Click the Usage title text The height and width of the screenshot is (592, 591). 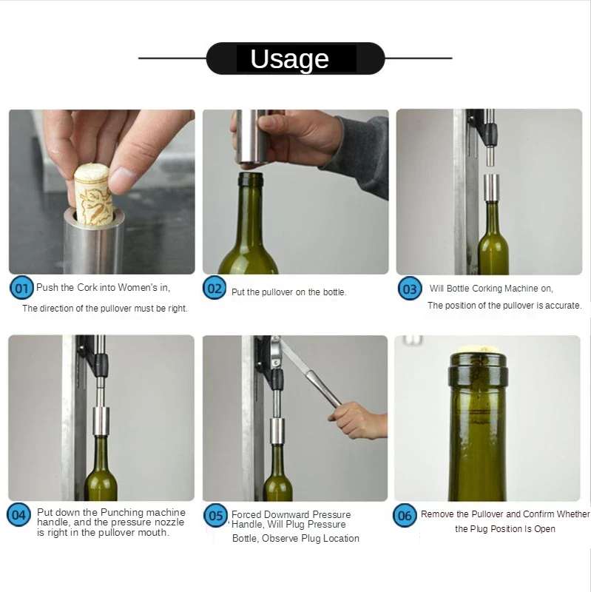pyautogui.click(x=289, y=59)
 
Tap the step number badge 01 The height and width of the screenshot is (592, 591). pyautogui.click(x=21, y=289)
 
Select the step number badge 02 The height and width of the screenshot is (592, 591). pyautogui.click(x=215, y=288)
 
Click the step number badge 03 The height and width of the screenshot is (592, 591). pyautogui.click(x=410, y=289)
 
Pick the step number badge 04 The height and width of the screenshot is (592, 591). pyautogui.click(x=19, y=514)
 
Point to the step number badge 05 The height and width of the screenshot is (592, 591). pyautogui.click(x=215, y=515)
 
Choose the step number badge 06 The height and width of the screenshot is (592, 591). pyautogui.click(x=405, y=515)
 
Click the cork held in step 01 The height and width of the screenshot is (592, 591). pyautogui.click(x=93, y=193)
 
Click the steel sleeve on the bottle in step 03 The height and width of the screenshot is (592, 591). pyautogui.click(x=492, y=188)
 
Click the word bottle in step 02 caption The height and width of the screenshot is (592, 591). pyautogui.click(x=334, y=292)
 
